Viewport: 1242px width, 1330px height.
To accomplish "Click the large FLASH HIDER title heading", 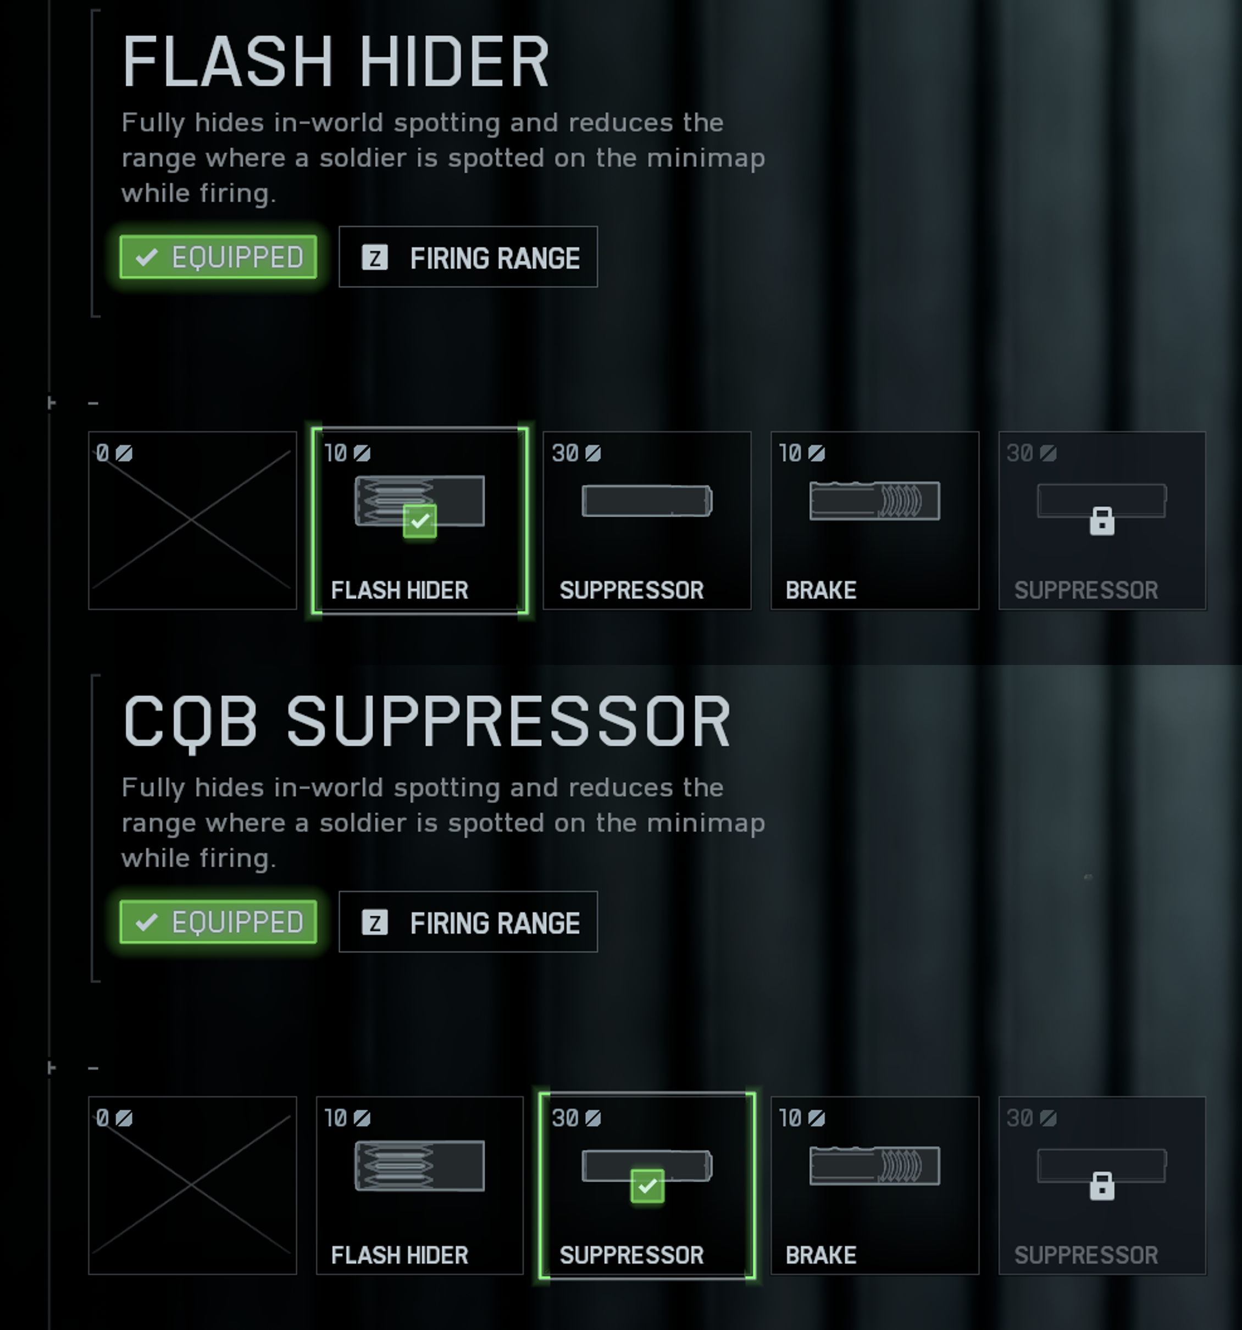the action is pos(336,62).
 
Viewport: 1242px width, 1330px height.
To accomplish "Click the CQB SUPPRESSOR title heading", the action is pos(426,722).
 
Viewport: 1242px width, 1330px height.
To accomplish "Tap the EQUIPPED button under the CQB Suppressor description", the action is pos(218,922).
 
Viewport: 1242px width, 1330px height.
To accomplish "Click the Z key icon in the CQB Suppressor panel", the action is pos(375,923).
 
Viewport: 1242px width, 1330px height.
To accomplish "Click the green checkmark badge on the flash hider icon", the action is pos(420,521).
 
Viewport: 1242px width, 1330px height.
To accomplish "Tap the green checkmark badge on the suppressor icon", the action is pos(647,1186).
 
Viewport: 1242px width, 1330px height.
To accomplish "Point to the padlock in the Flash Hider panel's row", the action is pos(1102,520).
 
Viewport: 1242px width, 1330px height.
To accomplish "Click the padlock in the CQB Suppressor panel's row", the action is pos(1102,1185).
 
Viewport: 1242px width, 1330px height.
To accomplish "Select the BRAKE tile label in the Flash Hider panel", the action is pos(820,590).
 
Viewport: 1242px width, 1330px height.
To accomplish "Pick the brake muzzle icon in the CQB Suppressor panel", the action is pos(875,1166).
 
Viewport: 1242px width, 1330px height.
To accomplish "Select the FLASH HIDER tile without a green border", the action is pos(420,1185).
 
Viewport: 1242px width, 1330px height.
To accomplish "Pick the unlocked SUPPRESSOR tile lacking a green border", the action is pos(647,520).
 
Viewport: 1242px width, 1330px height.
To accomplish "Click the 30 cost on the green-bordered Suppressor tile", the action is pos(565,1118).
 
